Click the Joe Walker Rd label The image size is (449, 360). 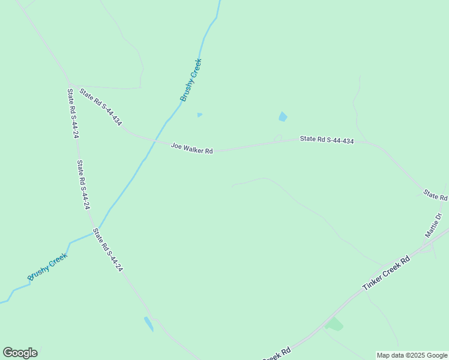[x=192, y=148]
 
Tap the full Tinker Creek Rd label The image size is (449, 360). [x=387, y=273]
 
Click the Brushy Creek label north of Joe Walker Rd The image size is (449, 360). [x=191, y=80]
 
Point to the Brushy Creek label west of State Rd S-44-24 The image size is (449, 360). [x=48, y=267]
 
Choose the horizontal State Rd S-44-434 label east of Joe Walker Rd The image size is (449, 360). [x=327, y=140]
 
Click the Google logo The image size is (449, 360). [x=20, y=353]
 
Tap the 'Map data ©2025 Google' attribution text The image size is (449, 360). [x=412, y=355]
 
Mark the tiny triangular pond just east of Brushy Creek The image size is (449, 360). [x=199, y=115]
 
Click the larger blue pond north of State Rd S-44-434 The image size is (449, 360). [x=283, y=116]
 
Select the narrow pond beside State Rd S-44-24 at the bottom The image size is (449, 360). [x=148, y=323]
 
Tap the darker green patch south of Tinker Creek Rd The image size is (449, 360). [x=334, y=325]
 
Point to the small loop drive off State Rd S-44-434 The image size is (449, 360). [x=278, y=138]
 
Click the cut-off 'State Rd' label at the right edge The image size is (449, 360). [x=435, y=195]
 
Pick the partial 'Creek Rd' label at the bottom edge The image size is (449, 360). [x=277, y=354]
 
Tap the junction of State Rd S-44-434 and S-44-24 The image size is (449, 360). [x=71, y=83]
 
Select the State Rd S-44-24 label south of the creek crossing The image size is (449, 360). [x=109, y=250]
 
